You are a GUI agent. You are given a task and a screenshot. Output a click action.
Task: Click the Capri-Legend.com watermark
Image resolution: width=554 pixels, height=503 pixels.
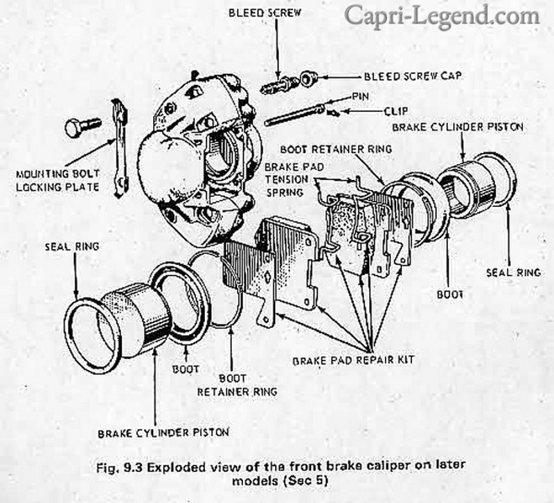click(x=442, y=15)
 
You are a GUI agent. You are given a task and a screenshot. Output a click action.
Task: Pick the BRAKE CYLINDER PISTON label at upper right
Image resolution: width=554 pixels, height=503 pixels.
click(x=456, y=128)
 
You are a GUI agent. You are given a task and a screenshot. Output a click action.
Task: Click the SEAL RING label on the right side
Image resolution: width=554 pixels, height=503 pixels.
click(x=513, y=272)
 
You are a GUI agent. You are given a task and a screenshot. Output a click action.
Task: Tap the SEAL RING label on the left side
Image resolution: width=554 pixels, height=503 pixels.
click(x=72, y=246)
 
